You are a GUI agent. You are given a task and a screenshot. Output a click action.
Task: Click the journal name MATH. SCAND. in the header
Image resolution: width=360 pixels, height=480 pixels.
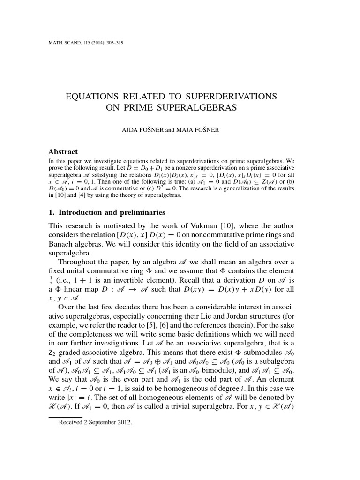pyautogui.click(x=64, y=44)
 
